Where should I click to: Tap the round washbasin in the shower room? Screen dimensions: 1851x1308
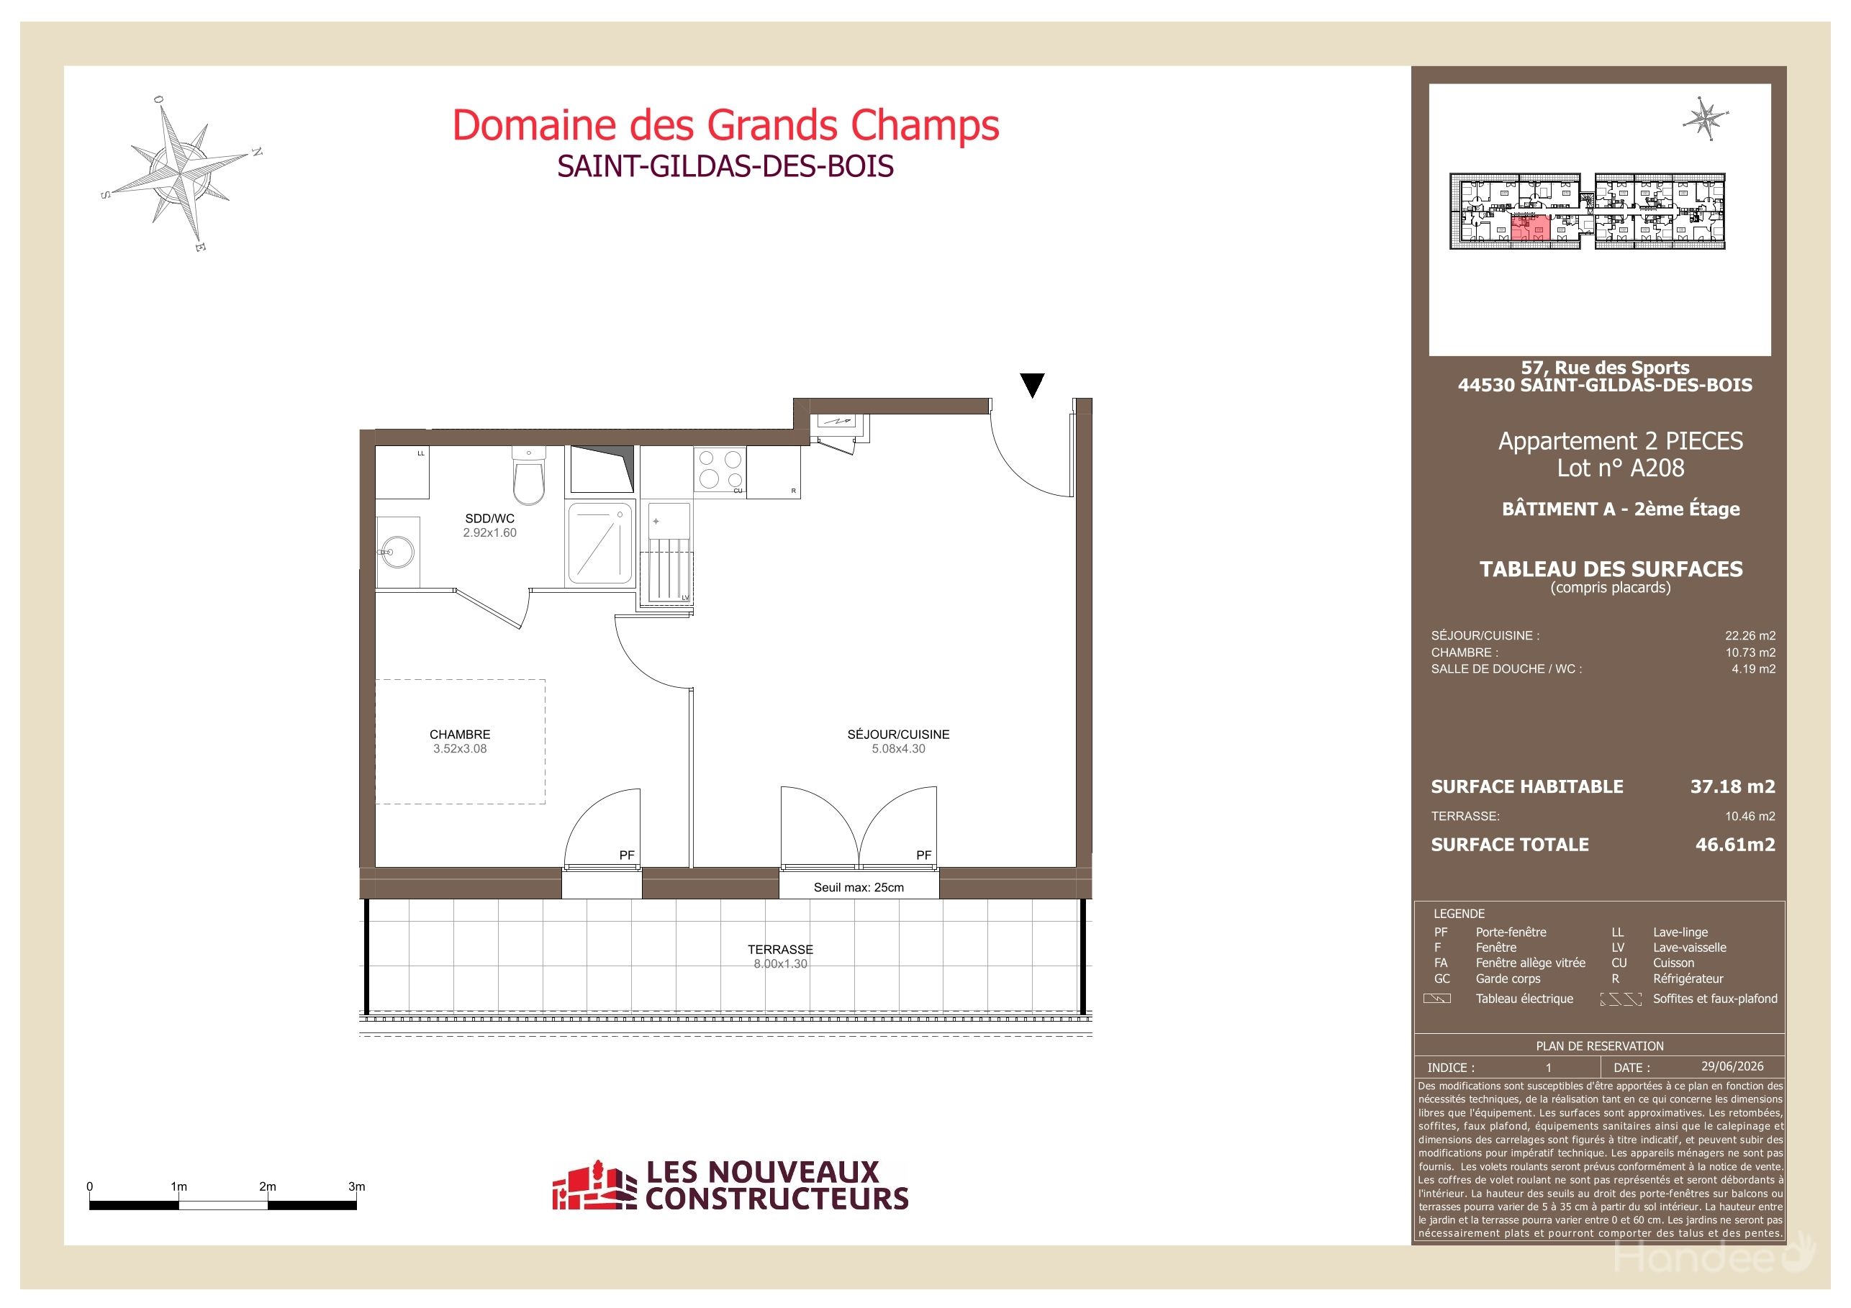(x=397, y=552)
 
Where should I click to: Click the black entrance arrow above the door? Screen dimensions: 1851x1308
(x=1032, y=385)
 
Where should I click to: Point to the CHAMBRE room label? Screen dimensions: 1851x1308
(x=460, y=734)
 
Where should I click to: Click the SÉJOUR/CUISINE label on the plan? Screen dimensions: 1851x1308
(x=898, y=734)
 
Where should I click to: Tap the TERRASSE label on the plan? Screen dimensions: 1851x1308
(x=780, y=950)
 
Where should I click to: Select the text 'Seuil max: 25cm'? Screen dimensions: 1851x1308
(x=859, y=887)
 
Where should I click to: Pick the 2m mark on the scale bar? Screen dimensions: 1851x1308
(x=268, y=1186)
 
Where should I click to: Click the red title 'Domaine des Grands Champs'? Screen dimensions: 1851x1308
(x=725, y=125)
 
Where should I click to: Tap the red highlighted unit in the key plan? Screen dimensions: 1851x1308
(x=1529, y=228)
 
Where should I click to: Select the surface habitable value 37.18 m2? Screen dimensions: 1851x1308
(x=1732, y=786)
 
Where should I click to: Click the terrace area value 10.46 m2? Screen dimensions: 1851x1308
(x=1750, y=817)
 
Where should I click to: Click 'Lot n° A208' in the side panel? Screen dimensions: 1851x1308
(x=1621, y=468)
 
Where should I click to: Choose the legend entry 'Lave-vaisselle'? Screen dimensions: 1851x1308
(x=1690, y=948)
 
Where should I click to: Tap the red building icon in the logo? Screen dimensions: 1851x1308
(x=589, y=1186)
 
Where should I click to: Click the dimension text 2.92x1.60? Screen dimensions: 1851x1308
(x=489, y=532)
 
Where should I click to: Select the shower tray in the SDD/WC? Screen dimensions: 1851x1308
(x=601, y=542)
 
